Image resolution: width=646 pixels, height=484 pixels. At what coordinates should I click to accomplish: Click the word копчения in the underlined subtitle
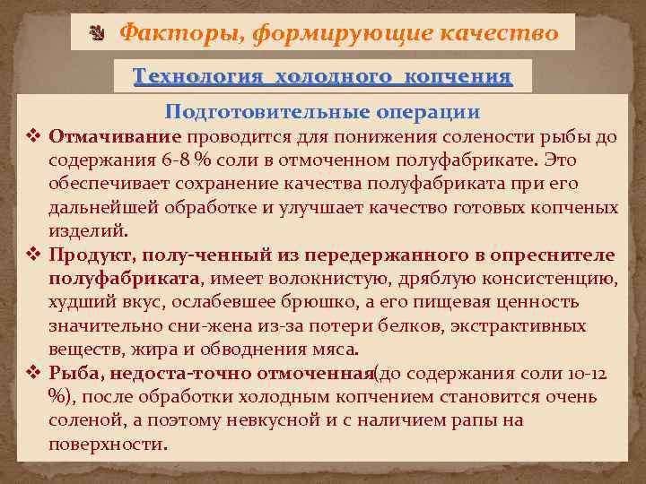[458, 76]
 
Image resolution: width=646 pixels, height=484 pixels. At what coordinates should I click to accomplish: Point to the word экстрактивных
[526, 325]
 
